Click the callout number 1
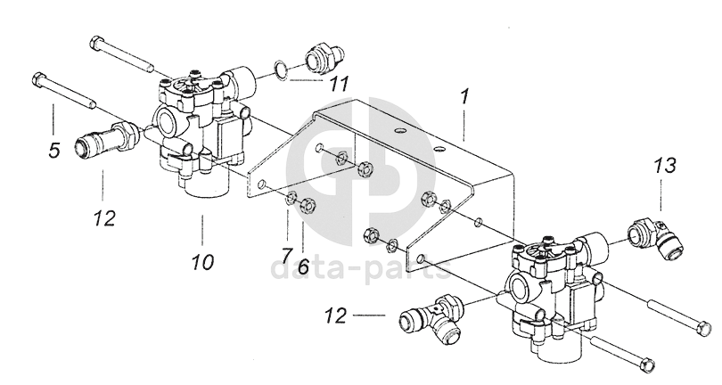click(x=464, y=96)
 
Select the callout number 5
click(x=54, y=151)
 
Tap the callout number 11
click(x=339, y=85)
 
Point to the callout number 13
click(x=665, y=165)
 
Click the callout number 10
click(x=203, y=262)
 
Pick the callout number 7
click(x=286, y=254)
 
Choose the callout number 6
click(x=303, y=266)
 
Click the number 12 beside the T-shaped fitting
click(x=336, y=315)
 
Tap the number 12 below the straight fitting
click(x=104, y=218)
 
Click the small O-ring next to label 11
click(x=282, y=69)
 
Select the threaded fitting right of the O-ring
click(x=324, y=58)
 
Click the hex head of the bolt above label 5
click(x=38, y=79)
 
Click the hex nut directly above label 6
click(x=305, y=205)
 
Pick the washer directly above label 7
click(x=290, y=199)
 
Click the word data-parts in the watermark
click(x=360, y=268)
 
